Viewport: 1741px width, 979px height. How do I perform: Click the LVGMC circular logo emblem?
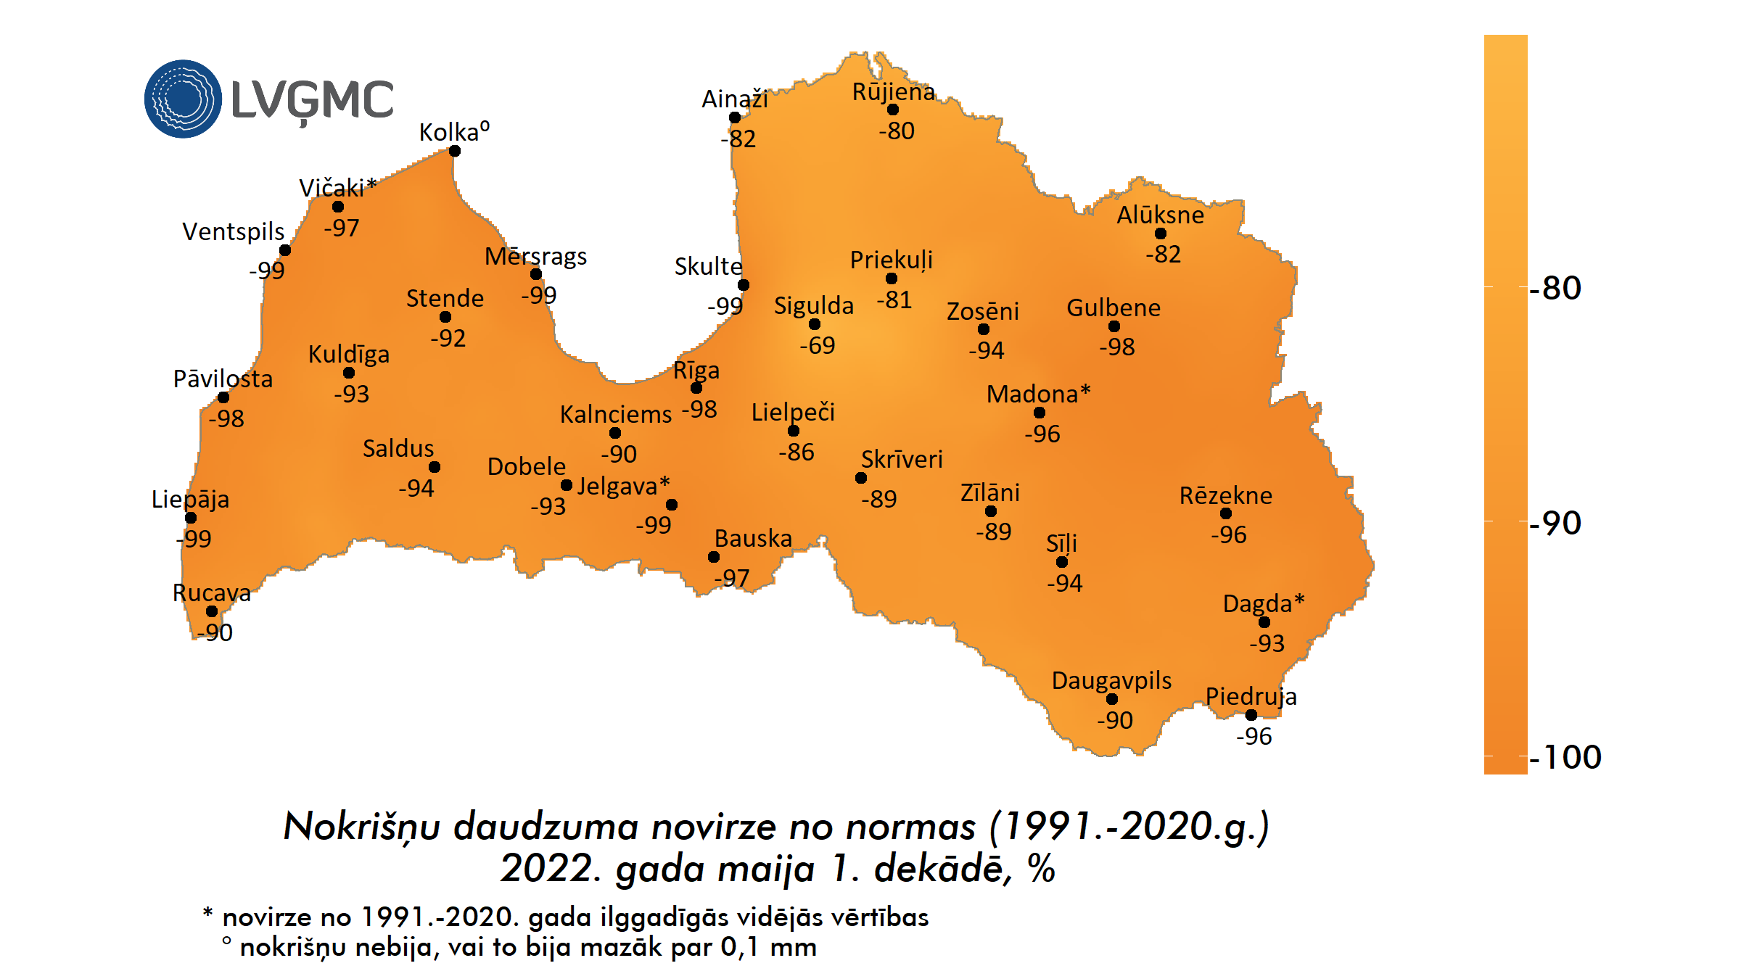(x=183, y=99)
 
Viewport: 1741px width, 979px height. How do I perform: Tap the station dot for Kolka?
(x=454, y=151)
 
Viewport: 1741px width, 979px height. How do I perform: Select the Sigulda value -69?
(x=818, y=345)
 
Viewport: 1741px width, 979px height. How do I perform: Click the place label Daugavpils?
(x=1111, y=680)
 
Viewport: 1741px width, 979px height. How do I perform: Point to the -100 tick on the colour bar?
(x=1565, y=757)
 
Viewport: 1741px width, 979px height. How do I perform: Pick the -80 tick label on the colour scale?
(x=1555, y=288)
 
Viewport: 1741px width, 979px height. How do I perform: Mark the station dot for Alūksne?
(x=1161, y=234)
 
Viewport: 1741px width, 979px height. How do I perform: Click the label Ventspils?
(x=233, y=231)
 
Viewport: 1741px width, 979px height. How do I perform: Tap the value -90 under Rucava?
(x=215, y=632)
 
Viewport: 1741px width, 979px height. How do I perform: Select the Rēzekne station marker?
(x=1226, y=513)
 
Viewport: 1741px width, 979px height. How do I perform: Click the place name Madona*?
(x=1038, y=394)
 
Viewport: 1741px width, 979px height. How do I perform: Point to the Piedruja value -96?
(x=1254, y=736)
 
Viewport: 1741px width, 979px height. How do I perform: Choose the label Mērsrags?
(x=535, y=256)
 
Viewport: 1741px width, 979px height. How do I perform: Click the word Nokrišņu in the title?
(x=361, y=827)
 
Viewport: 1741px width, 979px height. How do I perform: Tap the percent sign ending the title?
(x=1042, y=869)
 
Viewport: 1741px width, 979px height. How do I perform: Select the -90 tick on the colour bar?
(x=1555, y=523)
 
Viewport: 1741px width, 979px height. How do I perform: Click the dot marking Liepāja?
(x=191, y=518)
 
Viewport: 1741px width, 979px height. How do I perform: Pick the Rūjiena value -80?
(x=897, y=131)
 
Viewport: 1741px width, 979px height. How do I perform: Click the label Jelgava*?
(x=623, y=485)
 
